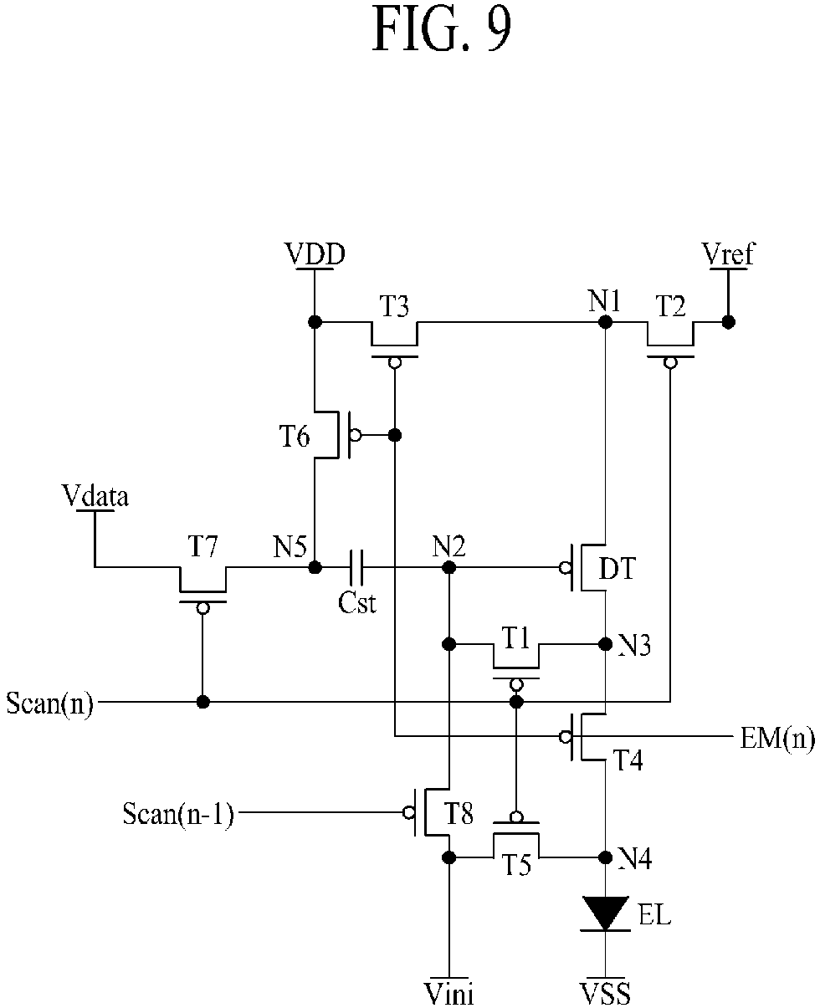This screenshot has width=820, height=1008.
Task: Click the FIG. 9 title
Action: (441, 29)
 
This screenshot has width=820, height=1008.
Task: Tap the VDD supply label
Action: (315, 254)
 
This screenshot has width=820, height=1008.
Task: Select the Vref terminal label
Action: (728, 254)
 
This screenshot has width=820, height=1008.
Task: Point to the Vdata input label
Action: (95, 496)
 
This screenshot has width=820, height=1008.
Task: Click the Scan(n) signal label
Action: (49, 703)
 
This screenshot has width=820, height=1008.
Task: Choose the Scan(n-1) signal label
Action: (178, 813)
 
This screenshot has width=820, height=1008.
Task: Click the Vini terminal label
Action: (448, 993)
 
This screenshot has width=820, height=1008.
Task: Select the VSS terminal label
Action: (606, 993)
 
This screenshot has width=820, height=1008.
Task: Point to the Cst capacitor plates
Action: (356, 567)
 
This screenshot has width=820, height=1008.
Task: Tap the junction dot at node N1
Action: (606, 322)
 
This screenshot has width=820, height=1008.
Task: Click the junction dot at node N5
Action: (315, 567)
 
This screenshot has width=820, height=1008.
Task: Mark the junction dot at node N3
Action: (606, 644)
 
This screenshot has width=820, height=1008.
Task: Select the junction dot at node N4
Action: (606, 857)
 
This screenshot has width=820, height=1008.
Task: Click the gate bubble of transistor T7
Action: (202, 608)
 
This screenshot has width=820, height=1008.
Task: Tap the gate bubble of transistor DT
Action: (565, 567)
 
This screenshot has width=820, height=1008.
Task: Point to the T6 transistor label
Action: (294, 436)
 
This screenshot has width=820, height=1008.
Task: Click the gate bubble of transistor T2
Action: (670, 363)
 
